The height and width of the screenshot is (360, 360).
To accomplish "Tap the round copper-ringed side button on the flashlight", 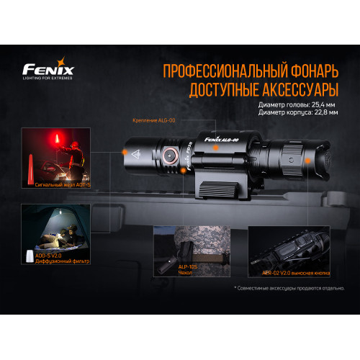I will tap(171, 153).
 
